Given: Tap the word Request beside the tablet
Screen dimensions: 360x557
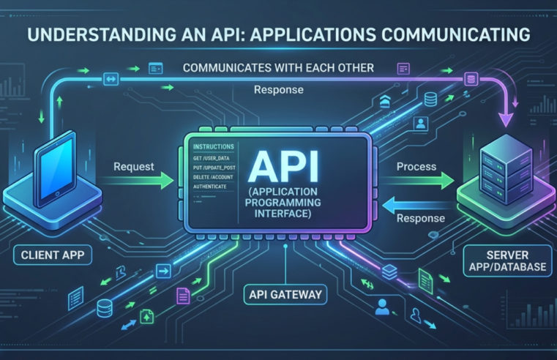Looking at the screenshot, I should click(x=133, y=168).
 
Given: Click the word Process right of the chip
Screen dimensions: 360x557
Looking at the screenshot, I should click(x=416, y=168).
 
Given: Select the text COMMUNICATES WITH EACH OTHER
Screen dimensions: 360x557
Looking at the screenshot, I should click(x=278, y=68).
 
